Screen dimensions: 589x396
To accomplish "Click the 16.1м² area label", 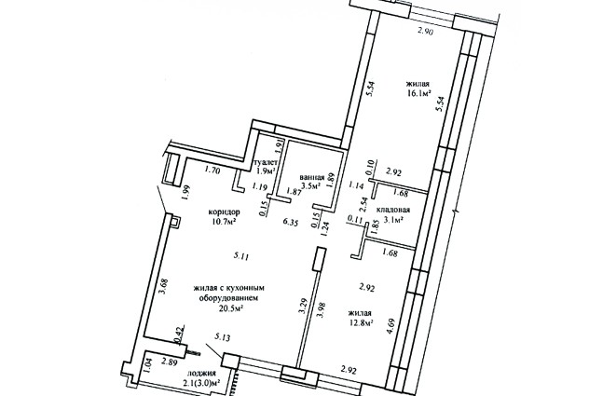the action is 418,93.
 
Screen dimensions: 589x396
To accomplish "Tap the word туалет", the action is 266,163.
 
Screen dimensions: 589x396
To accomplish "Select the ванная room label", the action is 312,177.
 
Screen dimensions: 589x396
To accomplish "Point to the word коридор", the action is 225,212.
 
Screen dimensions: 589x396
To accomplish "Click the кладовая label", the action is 393,210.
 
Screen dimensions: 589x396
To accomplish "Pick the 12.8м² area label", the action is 361,322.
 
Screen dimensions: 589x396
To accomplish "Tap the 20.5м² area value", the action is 230,308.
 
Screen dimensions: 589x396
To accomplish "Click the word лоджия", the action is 201,373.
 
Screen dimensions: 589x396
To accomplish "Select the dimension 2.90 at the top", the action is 426,32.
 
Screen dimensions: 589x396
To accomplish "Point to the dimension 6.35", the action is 291,223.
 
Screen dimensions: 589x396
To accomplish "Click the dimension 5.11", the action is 241,256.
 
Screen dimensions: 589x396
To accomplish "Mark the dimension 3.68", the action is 162,286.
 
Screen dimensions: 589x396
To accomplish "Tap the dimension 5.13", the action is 222,337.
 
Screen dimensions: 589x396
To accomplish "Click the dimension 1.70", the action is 212,171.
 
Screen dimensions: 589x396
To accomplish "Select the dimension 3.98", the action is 321,309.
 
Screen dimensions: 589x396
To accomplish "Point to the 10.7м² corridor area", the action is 224,222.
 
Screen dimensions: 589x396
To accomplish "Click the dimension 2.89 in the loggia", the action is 170,362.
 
